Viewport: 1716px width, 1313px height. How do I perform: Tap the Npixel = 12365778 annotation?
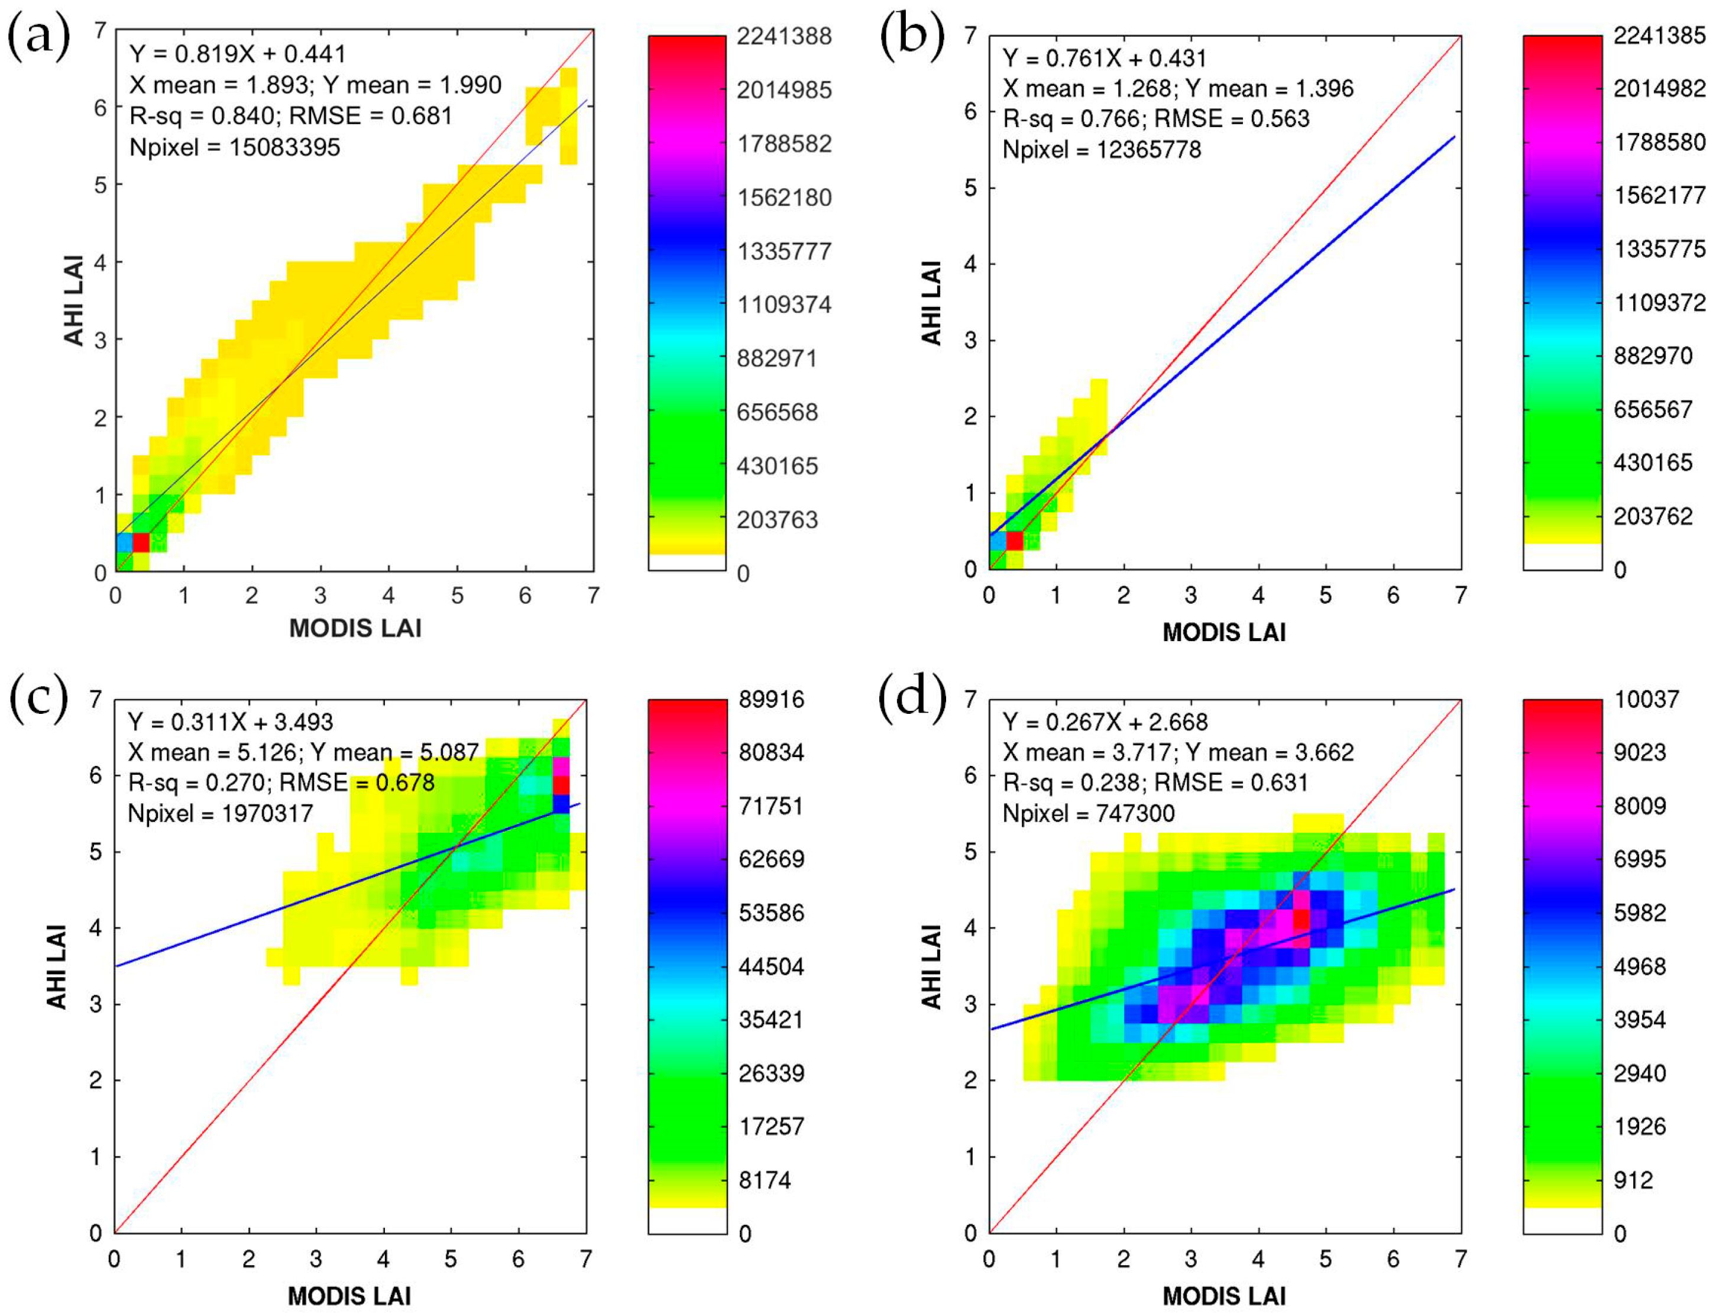1102,149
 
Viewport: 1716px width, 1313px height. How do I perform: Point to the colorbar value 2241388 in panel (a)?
783,37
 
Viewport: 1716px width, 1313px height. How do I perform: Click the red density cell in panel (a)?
141,542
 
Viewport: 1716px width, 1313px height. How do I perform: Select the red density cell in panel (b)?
1014,540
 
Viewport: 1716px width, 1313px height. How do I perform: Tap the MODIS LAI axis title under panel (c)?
349,1296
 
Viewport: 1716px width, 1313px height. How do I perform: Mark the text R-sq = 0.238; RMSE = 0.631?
1155,782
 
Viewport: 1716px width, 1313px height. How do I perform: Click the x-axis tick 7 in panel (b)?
1461,596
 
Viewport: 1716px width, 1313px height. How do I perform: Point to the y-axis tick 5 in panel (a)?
100,185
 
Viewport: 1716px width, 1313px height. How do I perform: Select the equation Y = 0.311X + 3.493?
231,722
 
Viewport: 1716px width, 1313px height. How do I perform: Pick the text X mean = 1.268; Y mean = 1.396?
1177,88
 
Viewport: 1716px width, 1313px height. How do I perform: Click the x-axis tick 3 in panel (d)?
1191,1259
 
